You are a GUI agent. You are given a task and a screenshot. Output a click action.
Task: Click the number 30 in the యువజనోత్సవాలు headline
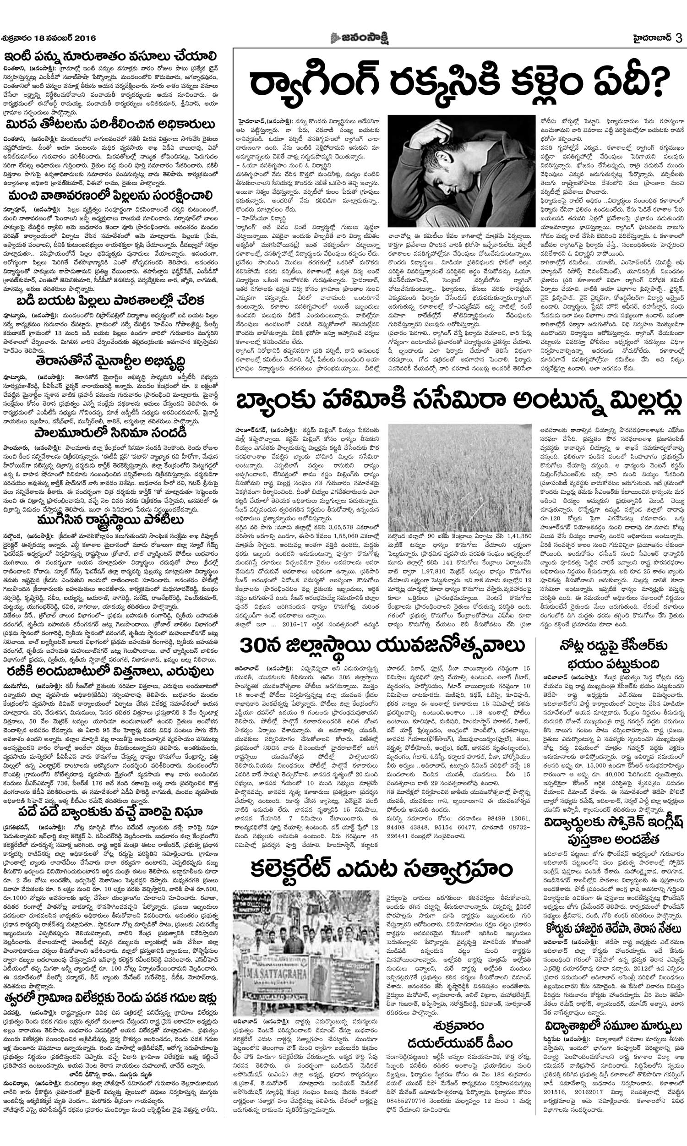252,646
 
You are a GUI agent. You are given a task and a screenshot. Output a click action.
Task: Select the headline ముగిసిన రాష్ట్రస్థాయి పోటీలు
110,516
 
